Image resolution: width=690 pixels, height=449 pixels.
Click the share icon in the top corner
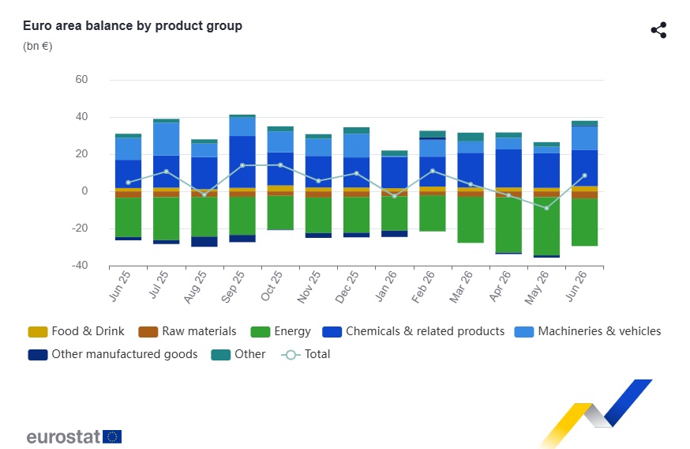[658, 30]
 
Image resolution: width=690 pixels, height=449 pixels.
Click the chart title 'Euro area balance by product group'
[133, 26]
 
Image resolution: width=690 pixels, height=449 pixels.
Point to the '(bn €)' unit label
[37, 47]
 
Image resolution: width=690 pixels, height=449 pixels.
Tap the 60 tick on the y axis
[81, 79]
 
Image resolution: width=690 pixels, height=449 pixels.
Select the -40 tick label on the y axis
[80, 266]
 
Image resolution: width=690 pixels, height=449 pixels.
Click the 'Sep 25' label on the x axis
[232, 287]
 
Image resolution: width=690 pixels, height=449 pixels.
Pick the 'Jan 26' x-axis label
[385, 286]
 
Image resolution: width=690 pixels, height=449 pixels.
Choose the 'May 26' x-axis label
[536, 287]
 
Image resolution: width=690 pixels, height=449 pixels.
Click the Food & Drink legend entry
[76, 331]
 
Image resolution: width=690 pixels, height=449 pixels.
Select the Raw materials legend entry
[187, 331]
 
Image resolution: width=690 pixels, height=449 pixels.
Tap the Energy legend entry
[280, 331]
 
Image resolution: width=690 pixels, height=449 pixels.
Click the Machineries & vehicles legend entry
[588, 331]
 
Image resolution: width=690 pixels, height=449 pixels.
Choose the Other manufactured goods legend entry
[113, 354]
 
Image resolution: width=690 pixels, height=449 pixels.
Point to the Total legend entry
[306, 354]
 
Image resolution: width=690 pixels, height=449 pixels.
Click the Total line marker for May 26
[546, 208]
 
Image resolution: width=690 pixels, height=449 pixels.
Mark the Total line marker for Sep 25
[242, 165]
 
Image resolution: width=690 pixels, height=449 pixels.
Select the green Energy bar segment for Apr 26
[508, 224]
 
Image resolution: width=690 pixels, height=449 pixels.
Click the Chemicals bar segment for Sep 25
[242, 162]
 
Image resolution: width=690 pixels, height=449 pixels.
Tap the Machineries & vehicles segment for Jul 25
[167, 139]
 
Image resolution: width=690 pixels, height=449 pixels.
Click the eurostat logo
[74, 436]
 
